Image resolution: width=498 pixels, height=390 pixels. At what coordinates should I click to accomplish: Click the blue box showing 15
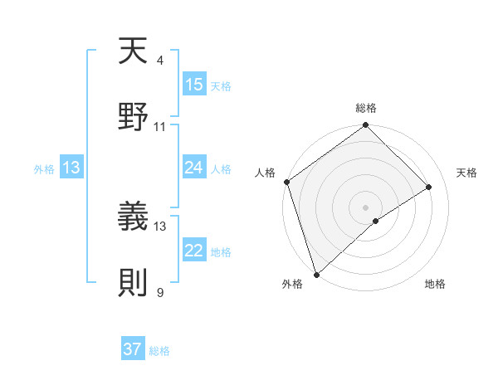194,85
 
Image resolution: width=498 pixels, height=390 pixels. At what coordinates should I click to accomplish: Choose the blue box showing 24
194,168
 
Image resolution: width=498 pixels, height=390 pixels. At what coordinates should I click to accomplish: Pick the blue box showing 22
194,251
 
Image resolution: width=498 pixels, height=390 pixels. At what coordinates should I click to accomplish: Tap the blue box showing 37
133,349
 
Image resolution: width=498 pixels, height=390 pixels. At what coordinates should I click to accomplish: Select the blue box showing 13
71,168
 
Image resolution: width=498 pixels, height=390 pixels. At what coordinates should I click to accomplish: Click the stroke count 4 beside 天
160,61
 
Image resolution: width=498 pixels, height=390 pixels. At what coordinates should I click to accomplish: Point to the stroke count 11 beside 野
160,127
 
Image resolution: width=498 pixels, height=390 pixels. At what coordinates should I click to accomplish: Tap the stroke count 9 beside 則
160,292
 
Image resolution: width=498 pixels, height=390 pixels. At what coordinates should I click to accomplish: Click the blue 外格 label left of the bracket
44,168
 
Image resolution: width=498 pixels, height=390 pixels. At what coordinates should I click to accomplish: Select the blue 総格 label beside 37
159,350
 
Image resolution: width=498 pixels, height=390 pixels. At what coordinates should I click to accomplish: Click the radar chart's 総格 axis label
366,108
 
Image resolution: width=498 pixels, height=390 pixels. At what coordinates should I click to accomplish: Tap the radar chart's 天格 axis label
466,173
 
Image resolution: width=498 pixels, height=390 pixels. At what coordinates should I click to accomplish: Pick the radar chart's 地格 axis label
435,284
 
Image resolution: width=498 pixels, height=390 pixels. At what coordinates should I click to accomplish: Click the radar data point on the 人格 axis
286,182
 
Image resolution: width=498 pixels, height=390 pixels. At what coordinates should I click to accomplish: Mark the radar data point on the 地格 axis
376,221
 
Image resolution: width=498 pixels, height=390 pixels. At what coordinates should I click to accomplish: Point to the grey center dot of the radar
366,207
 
